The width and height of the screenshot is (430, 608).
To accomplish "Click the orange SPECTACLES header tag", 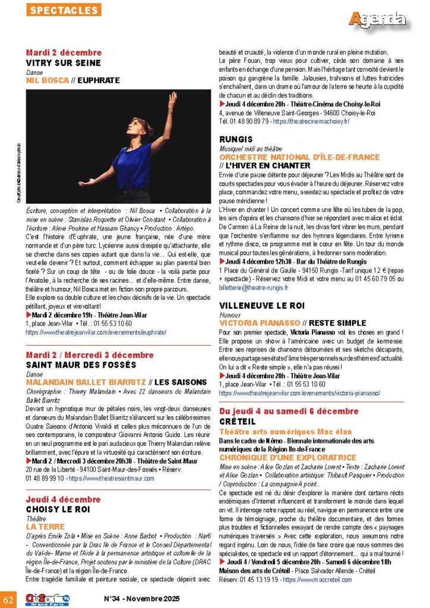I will [65, 10].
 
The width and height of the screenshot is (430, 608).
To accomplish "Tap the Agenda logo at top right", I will [378, 19].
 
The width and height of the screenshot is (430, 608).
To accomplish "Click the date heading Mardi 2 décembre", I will [64, 53].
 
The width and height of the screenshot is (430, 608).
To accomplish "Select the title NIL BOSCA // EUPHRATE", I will [72, 80].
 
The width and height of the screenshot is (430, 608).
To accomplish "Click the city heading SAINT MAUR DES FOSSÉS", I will [81, 365].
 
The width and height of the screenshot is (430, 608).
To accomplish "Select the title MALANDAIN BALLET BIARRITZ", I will [86, 382].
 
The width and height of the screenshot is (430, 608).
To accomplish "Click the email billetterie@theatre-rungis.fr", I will [253, 287].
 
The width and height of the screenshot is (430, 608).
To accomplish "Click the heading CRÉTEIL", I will [237, 421].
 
